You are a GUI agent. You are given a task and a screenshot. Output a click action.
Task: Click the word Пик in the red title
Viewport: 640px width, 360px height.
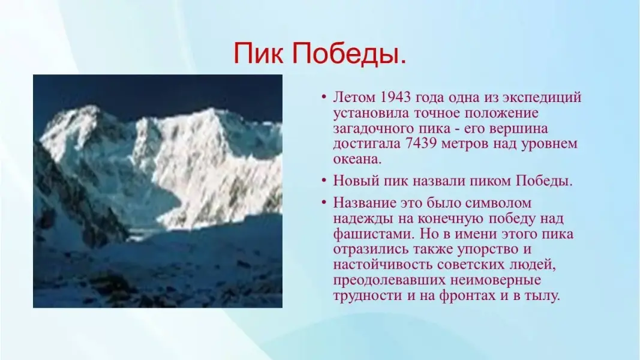[x=258, y=53]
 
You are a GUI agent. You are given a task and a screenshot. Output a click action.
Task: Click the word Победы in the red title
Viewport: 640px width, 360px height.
[x=348, y=53]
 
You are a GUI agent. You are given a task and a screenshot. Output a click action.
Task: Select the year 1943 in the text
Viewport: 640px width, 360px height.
[x=395, y=98]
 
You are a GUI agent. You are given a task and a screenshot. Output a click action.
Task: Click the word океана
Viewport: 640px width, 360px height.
[x=357, y=160]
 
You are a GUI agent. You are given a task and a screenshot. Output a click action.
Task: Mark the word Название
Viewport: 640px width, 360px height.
[x=364, y=203]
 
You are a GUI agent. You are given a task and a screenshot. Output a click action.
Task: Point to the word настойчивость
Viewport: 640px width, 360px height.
[x=383, y=265]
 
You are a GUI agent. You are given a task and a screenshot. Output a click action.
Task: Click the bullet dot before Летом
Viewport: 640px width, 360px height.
[x=324, y=97]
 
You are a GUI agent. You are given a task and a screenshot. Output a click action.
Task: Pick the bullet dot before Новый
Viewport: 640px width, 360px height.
[x=324, y=181]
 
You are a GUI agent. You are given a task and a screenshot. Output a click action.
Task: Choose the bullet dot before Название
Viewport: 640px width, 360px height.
[x=324, y=202]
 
